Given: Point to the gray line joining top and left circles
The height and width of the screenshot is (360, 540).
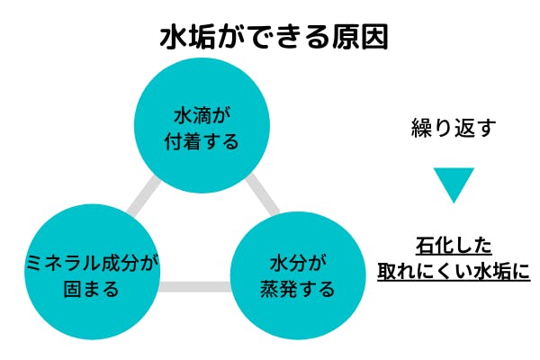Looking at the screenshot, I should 142,199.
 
